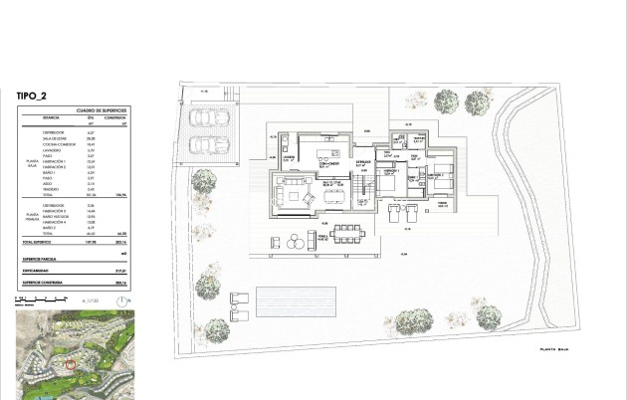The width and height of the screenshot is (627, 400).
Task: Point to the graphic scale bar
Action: [x=40, y=297]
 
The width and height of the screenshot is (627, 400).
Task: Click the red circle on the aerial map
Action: [x=69, y=363]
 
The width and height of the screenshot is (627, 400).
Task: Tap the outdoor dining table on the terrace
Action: [x=349, y=232]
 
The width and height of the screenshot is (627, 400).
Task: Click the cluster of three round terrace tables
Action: [x=297, y=240]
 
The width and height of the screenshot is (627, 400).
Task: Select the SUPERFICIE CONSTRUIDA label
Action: [x=44, y=282]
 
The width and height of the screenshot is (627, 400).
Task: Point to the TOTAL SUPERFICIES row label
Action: [x=41, y=242]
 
